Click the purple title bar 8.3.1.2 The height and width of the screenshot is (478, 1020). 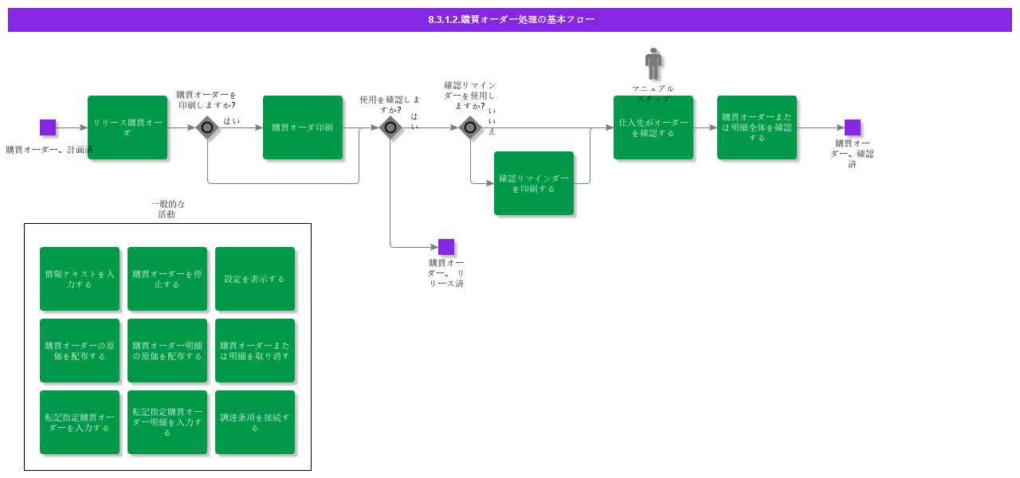point(510,20)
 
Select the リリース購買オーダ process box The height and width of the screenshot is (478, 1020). point(127,127)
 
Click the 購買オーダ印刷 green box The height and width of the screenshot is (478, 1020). point(303,127)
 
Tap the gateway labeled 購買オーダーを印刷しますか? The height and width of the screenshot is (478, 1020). point(207,127)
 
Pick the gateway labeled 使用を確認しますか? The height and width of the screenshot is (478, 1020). point(390,127)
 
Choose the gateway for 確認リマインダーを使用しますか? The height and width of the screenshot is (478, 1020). point(470,127)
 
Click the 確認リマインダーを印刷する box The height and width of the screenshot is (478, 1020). point(534,183)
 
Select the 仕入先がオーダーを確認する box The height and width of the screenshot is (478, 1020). point(653,127)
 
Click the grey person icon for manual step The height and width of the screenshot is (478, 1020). point(653,64)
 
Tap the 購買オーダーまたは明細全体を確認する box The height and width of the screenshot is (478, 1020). point(757,127)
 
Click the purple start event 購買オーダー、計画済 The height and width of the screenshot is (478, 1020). point(48,127)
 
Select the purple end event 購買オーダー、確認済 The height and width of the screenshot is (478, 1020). point(853,127)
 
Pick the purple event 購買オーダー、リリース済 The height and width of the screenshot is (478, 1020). point(446,247)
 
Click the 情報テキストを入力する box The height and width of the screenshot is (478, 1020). point(80,279)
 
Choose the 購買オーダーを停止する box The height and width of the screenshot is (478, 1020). point(167,279)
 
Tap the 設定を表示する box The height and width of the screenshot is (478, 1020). point(255,279)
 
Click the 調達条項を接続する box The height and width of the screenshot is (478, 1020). point(255,422)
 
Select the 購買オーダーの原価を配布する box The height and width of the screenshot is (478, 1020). point(80,351)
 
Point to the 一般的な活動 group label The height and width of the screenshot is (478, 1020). point(167,209)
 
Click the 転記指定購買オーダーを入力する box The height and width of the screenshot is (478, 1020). point(80,422)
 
